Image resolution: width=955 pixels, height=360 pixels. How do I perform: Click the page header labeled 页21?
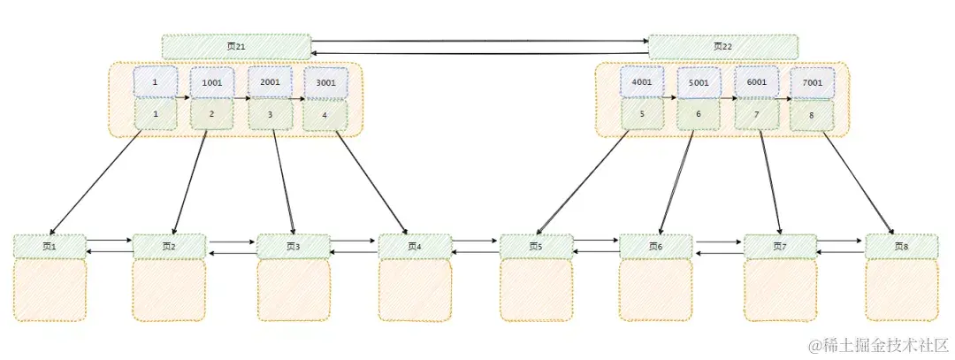click(x=236, y=47)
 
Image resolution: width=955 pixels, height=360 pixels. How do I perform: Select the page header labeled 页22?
click(x=722, y=47)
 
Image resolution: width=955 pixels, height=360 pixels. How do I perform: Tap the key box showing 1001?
click(x=212, y=82)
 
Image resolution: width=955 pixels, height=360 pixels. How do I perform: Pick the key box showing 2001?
click(x=269, y=81)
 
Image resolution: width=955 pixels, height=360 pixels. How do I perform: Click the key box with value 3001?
click(x=325, y=83)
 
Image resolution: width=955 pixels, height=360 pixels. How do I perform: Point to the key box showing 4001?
click(x=641, y=81)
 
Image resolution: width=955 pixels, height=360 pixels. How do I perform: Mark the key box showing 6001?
click(x=756, y=81)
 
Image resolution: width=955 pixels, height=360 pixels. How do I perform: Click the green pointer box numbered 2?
click(x=211, y=114)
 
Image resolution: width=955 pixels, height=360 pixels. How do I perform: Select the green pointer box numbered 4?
click(x=325, y=115)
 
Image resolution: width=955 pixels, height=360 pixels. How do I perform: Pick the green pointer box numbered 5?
click(x=641, y=114)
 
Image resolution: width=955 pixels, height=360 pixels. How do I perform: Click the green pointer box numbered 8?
click(x=812, y=115)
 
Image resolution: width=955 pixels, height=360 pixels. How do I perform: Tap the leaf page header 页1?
click(x=50, y=246)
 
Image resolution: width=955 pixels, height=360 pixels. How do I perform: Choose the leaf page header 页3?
click(x=293, y=247)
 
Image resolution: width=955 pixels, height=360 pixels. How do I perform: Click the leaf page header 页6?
click(x=654, y=246)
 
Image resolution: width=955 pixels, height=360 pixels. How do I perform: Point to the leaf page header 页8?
click(x=901, y=246)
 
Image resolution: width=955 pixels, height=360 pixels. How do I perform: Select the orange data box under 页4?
click(x=415, y=289)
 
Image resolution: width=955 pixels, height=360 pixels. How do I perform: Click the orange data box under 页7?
click(x=779, y=289)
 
